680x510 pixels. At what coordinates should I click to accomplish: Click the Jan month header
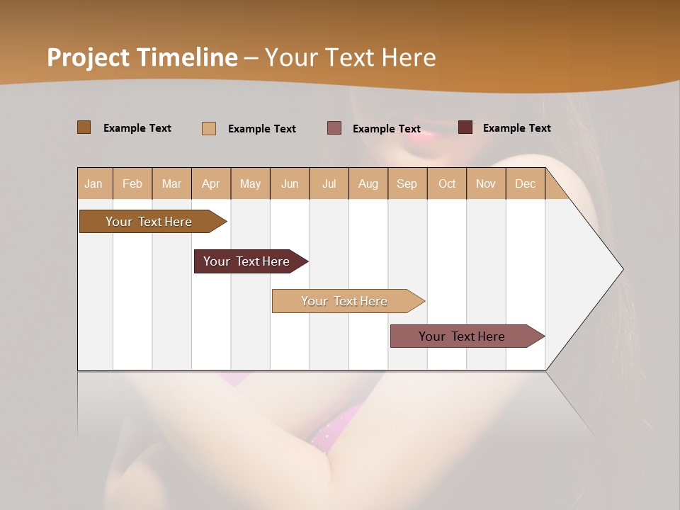point(94,183)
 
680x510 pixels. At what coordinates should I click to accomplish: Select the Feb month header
point(132,183)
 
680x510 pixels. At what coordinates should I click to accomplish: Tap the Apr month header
point(211,183)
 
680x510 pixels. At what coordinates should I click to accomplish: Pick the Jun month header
point(290,183)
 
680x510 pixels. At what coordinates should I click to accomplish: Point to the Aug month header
point(368,183)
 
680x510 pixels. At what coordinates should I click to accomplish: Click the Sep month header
point(407,183)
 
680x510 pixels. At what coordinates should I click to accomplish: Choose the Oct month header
point(447,183)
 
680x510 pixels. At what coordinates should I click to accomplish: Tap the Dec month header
point(526,183)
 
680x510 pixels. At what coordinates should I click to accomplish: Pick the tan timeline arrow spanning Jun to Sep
point(345,301)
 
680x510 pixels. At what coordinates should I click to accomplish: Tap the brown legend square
point(84,127)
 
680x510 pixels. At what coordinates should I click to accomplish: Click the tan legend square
point(209,128)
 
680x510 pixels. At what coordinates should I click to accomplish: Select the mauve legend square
point(334,128)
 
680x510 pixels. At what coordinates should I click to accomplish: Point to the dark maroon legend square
point(465,127)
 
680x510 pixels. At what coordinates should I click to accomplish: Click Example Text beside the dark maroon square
point(517,128)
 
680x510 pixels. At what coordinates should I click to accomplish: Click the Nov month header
point(486,183)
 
